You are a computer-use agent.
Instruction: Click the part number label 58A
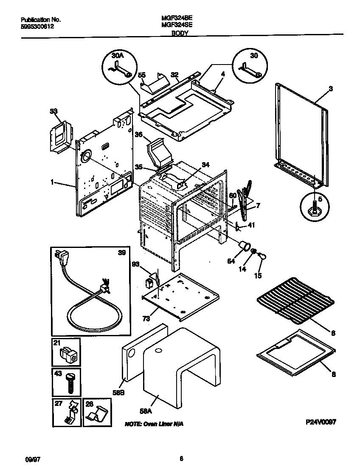(x=146, y=411)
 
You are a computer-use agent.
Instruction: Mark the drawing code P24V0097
(x=321, y=423)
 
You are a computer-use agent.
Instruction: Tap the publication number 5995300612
(x=37, y=26)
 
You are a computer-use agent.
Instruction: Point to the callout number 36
(x=138, y=135)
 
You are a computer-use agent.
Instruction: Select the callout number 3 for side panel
(x=331, y=89)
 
